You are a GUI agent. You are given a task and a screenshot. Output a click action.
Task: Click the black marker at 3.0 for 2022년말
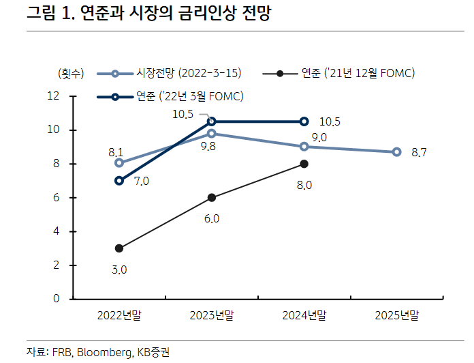tap(119, 248)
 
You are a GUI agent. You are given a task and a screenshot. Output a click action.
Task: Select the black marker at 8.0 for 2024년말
tap(304, 164)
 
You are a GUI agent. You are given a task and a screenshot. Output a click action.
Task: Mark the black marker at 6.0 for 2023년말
tap(211, 198)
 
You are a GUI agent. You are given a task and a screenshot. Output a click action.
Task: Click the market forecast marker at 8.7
tap(396, 152)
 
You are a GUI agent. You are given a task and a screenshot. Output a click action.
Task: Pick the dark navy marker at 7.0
tap(119, 181)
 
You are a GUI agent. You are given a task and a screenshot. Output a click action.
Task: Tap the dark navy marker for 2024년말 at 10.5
tap(304, 121)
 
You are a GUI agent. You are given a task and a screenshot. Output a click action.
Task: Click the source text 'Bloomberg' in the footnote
tap(103, 352)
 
